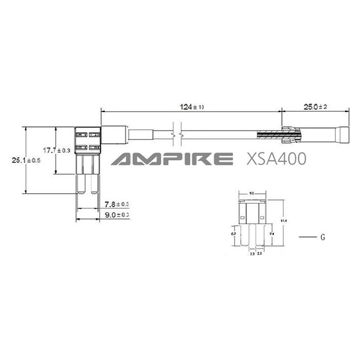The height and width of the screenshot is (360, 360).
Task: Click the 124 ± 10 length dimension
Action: [x=191, y=107]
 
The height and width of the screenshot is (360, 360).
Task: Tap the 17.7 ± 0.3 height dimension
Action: [x=56, y=150]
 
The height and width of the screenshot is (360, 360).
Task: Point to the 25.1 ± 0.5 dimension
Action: [x=26, y=160]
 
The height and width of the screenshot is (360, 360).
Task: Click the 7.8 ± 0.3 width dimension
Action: [x=116, y=205]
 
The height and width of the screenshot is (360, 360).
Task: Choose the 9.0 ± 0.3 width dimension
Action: [x=116, y=214]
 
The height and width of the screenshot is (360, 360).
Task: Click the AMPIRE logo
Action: [x=170, y=159]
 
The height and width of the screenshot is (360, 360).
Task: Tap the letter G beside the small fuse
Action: [x=322, y=238]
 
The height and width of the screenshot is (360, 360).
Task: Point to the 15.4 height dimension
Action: [x=283, y=221]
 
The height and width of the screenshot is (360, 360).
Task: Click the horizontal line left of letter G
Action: [x=307, y=238]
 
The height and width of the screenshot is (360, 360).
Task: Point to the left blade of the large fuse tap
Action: [x=81, y=183]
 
